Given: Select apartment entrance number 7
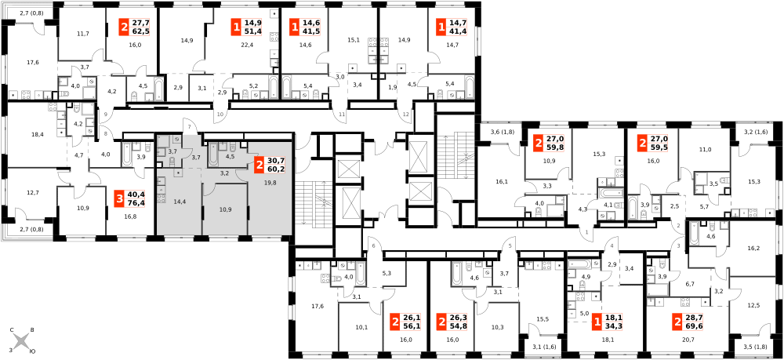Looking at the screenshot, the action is coord(189,129).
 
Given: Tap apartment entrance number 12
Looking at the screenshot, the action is coord(406,115).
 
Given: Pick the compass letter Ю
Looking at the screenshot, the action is coord(32,352).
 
